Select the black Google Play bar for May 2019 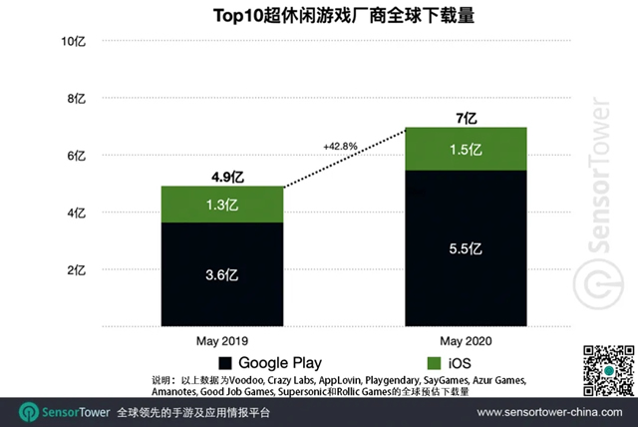[x=221, y=274]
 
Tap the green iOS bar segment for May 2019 [x=221, y=205]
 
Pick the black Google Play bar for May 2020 [x=466, y=249]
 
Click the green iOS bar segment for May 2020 [x=466, y=150]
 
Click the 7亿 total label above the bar [x=466, y=118]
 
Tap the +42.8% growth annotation [x=341, y=146]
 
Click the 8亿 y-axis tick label [x=78, y=99]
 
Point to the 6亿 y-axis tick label [x=78, y=157]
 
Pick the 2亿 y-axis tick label [x=78, y=270]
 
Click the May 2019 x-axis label [x=221, y=341]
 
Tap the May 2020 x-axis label [x=466, y=341]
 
